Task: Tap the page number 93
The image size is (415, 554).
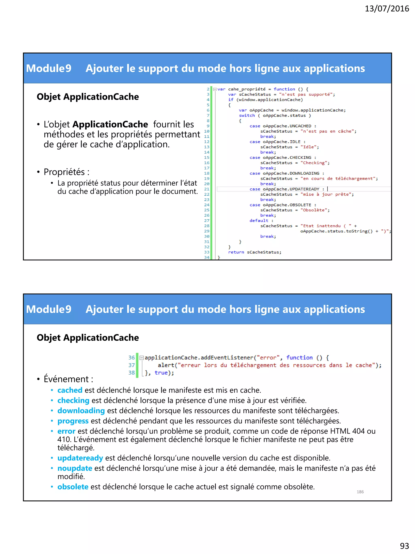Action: (404, 545)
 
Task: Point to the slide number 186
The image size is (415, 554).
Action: (360, 492)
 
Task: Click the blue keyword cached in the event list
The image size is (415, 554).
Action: (70, 390)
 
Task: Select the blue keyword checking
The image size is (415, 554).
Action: (73, 400)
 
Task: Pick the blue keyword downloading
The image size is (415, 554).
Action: (81, 411)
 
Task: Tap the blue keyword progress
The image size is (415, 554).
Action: (73, 421)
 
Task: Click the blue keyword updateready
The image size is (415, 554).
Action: (80, 458)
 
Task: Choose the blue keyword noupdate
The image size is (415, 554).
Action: (75, 468)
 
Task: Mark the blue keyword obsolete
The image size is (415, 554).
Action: (73, 487)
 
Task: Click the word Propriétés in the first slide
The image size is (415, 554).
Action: (64, 172)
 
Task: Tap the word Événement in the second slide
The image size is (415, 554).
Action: (66, 379)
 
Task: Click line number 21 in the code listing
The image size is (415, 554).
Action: (207, 189)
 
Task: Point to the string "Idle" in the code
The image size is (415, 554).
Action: (309, 147)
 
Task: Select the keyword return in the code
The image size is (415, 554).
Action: (236, 252)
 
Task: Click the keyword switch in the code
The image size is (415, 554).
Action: (247, 115)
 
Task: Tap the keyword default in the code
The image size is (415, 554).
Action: (259, 221)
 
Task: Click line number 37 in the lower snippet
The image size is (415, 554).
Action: (132, 365)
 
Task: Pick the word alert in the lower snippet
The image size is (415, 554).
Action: (166, 365)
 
